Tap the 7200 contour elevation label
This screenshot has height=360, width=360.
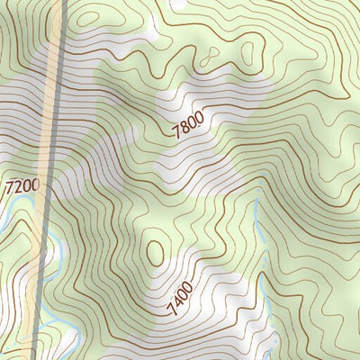tap(23, 188)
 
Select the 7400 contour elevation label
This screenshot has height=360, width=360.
tap(179, 299)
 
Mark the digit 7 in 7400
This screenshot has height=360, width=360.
tap(170, 311)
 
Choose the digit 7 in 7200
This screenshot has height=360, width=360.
tap(10, 189)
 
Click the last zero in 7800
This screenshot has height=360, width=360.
tap(201, 116)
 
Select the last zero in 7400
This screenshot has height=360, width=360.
tap(189, 287)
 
